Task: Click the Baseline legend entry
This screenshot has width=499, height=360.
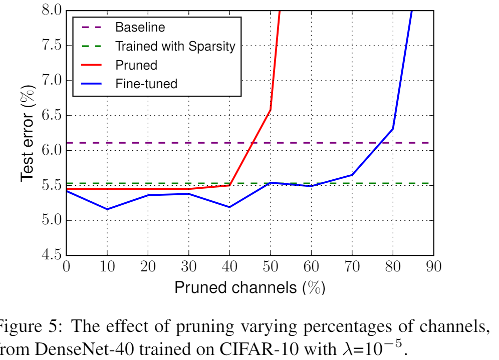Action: click(x=140, y=27)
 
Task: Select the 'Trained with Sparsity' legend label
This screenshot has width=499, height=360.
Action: click(x=175, y=47)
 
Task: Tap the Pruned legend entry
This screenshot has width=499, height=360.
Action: click(x=136, y=65)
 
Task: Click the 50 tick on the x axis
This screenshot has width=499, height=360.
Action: click(x=271, y=266)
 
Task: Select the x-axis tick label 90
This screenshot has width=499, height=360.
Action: click(x=434, y=266)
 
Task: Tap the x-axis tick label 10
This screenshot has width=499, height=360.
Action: click(x=107, y=266)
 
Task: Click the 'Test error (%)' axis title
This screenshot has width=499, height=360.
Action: click(x=28, y=133)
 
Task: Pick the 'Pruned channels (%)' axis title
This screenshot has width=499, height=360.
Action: click(x=249, y=288)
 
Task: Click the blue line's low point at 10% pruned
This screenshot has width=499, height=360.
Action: click(x=107, y=209)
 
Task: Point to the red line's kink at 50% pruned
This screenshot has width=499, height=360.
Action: click(x=271, y=110)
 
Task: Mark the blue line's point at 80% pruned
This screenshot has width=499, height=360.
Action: click(x=393, y=128)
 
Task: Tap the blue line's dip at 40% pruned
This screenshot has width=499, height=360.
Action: click(x=229, y=207)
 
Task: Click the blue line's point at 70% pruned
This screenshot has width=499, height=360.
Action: click(x=352, y=175)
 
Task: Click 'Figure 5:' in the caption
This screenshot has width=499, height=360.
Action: click(x=30, y=328)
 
